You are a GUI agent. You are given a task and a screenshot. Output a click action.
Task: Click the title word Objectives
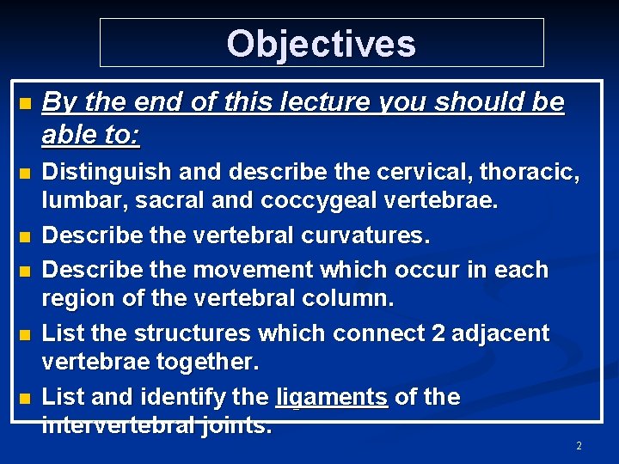[x=321, y=43]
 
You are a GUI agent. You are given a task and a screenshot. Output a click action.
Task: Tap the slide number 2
[x=579, y=446]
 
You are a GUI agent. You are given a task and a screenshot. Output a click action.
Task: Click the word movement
[x=250, y=269]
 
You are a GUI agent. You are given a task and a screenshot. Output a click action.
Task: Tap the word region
[x=77, y=300]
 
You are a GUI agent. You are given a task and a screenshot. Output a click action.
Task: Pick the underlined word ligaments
[x=332, y=397]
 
